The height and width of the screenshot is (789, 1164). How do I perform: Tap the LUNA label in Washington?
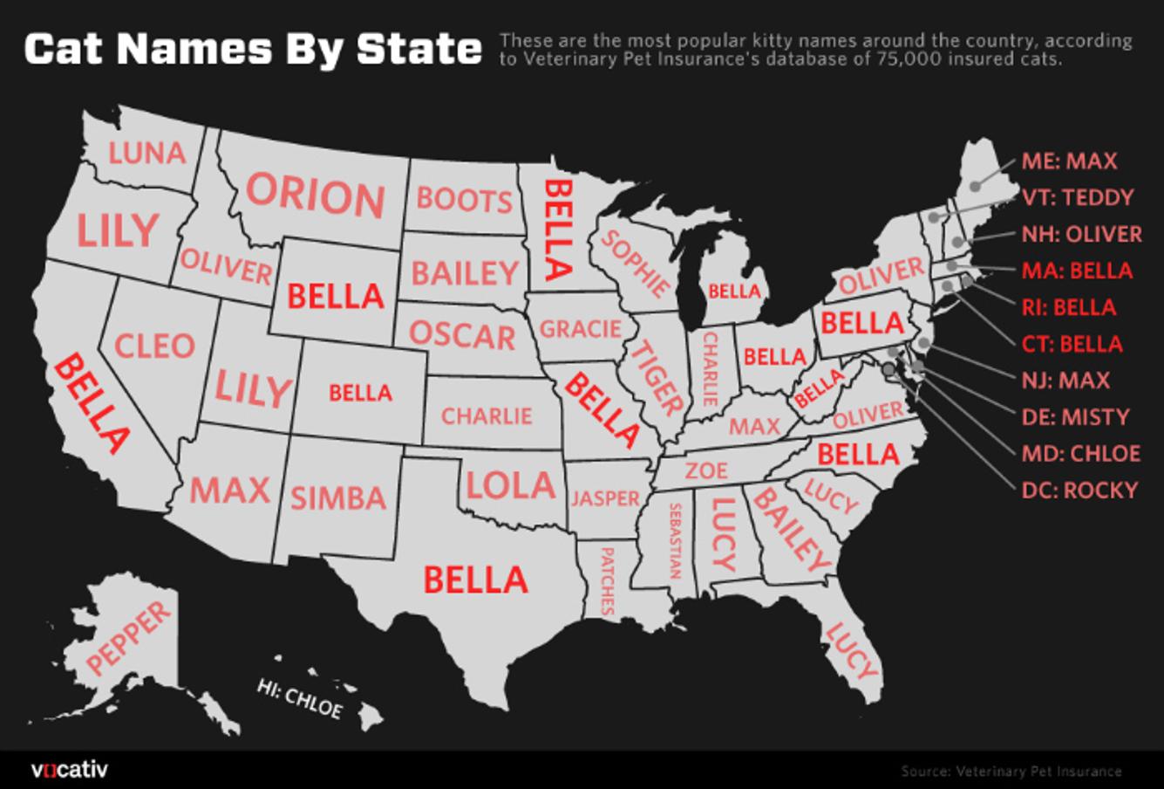click(x=146, y=154)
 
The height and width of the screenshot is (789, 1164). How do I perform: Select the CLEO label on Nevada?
click(x=154, y=346)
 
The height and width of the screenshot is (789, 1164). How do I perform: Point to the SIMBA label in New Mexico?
click(x=338, y=498)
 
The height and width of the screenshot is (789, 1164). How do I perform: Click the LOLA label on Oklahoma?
click(x=510, y=485)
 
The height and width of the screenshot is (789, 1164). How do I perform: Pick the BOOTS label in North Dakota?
click(x=464, y=200)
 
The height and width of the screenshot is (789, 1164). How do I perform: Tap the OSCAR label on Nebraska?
click(x=463, y=335)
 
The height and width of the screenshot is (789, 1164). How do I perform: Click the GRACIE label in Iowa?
click(x=581, y=329)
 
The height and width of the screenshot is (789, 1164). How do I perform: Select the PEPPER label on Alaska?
click(x=130, y=638)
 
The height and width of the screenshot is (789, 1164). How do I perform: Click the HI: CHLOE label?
click(x=299, y=697)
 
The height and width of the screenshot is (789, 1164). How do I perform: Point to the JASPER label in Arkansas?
click(x=605, y=498)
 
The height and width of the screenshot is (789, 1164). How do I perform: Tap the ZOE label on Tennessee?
click(x=706, y=471)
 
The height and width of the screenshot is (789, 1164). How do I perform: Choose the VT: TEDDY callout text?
click(x=1078, y=197)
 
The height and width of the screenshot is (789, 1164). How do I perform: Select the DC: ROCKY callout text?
click(x=1079, y=491)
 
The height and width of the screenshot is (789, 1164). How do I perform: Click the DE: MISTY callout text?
click(x=1075, y=417)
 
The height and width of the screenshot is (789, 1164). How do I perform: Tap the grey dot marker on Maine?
click(x=975, y=184)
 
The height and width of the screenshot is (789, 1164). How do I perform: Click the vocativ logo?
click(x=69, y=770)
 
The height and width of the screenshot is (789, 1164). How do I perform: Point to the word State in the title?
click(x=419, y=50)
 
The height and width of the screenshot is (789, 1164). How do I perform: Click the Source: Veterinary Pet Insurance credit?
click(x=1011, y=771)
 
